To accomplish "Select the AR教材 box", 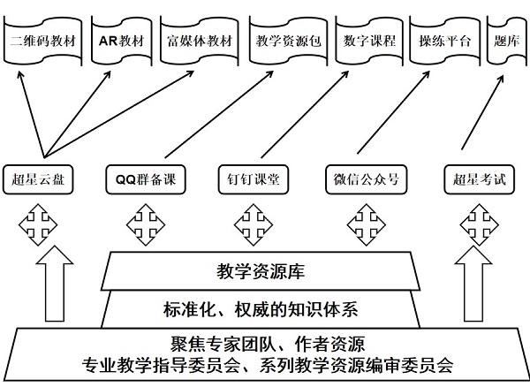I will tap(121, 42).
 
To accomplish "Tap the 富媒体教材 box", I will tap(201, 42).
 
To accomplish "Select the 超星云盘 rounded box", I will tap(37, 179).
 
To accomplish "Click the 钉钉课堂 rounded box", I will tap(254, 179).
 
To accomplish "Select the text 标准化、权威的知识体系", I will tap(261, 309).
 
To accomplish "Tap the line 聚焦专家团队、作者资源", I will tap(267, 345).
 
